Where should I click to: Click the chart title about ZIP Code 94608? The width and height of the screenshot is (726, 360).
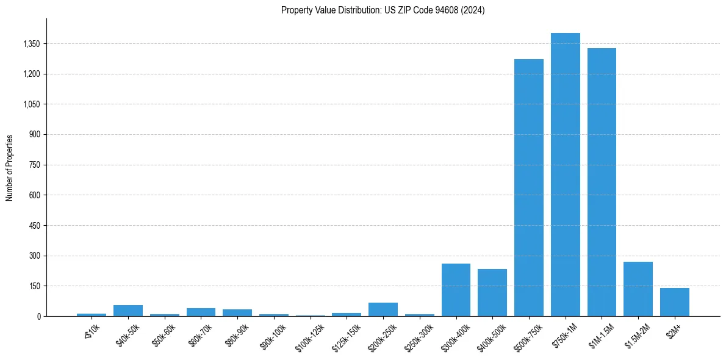coord(383,10)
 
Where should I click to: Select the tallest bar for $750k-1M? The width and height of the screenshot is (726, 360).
coord(565,175)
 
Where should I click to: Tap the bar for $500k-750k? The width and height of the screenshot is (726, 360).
coord(528,187)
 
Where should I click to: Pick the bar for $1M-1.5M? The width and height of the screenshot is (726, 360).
coord(602,182)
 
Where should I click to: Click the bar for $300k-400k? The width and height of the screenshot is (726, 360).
coord(456,290)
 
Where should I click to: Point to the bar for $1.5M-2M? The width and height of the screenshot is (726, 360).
coord(638,289)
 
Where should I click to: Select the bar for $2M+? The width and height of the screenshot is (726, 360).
coord(674,302)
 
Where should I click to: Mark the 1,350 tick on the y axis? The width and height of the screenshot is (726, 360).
coord(31,44)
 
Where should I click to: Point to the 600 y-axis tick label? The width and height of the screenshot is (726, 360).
coord(35,195)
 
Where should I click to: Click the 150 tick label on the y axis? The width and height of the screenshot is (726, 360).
coord(35,286)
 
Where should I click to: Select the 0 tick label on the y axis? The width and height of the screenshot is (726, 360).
coord(38,316)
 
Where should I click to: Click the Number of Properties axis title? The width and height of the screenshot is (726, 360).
coord(10,168)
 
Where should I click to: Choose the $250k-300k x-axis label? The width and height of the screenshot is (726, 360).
coord(420,333)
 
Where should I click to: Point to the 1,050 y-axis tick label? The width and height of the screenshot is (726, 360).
coord(31,104)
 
